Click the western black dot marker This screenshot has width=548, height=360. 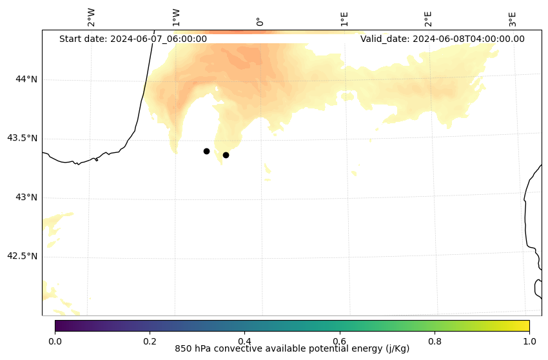(206, 151)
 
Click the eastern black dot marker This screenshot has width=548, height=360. (226, 155)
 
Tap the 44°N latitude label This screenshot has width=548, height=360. (26, 79)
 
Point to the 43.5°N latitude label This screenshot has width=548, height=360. (23, 138)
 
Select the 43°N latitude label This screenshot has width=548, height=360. (26, 197)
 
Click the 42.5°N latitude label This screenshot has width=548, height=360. (23, 256)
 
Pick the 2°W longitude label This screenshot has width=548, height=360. (92, 18)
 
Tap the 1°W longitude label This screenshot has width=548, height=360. (175, 18)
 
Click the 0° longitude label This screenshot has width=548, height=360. (260, 21)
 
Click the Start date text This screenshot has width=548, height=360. (133, 39)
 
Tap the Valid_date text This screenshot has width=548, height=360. (442, 39)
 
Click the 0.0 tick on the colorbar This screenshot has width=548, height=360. (55, 341)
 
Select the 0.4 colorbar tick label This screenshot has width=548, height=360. (244, 341)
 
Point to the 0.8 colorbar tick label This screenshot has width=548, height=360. (435, 341)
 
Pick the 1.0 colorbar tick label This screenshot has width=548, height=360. (529, 341)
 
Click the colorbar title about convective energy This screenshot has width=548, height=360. (292, 349)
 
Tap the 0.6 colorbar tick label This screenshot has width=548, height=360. (340, 341)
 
